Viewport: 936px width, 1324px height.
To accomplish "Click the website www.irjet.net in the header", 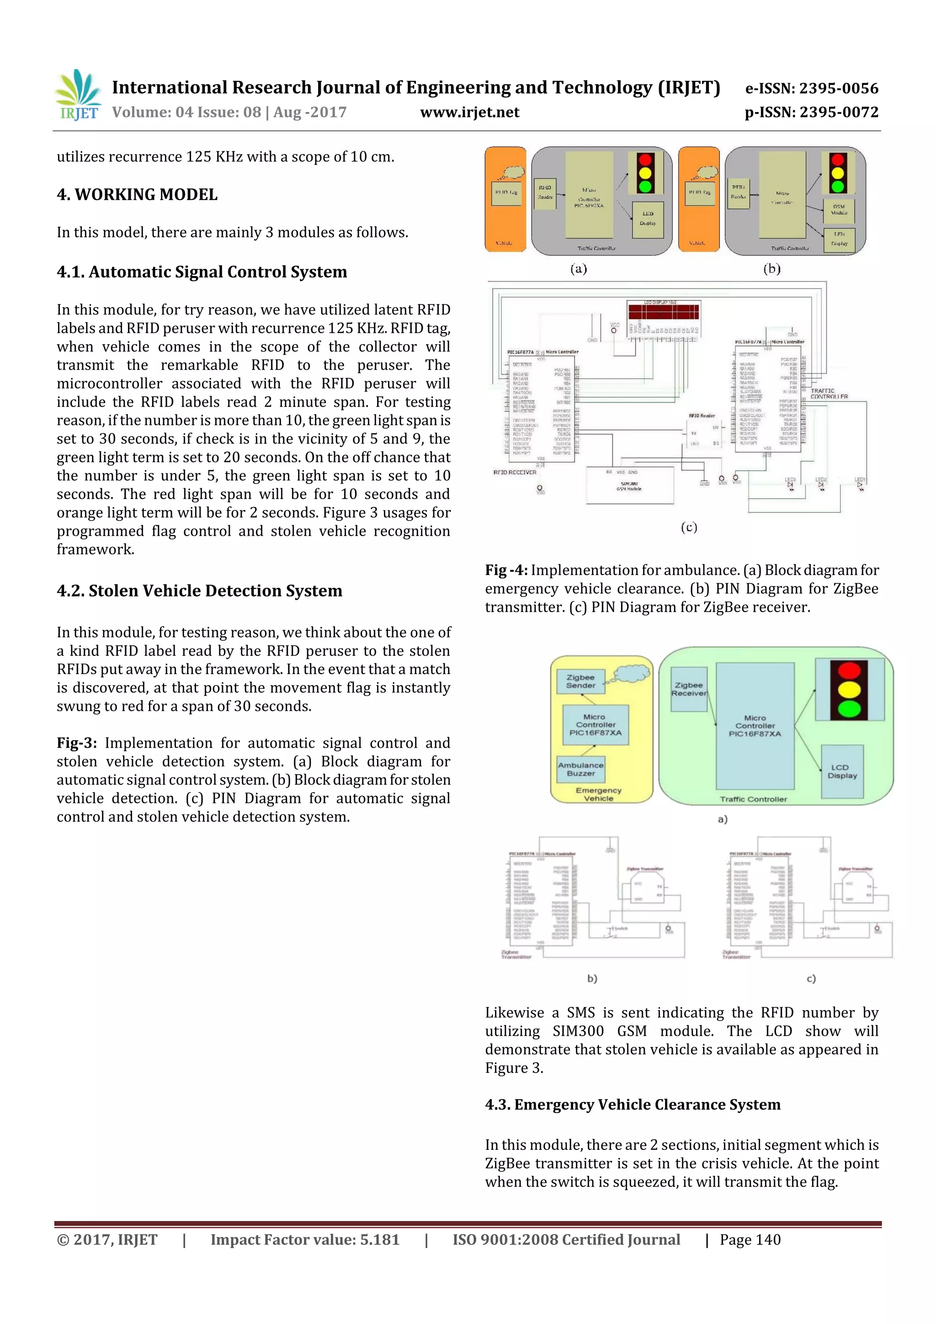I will tap(469, 112).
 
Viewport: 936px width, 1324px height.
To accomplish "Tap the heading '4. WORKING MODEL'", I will tap(137, 195).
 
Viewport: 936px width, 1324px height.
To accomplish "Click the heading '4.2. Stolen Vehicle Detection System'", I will tap(200, 591).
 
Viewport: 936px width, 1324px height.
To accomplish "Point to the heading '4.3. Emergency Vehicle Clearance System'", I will tap(633, 1104).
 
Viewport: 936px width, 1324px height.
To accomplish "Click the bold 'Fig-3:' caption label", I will tap(77, 743).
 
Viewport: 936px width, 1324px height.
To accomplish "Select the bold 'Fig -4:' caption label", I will tap(506, 570).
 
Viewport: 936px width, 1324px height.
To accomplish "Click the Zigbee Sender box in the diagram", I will tap(580, 681).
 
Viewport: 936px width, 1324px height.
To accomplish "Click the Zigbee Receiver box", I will tap(689, 689).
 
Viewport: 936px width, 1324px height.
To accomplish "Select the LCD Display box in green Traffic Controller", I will tap(842, 771).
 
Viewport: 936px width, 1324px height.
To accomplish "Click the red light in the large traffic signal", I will tap(848, 670).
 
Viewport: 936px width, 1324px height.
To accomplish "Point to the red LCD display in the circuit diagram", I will tap(663, 311).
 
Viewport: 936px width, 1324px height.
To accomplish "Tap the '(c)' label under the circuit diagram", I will tap(689, 527).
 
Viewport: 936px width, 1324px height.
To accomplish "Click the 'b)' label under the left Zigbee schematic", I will tap(592, 978).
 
